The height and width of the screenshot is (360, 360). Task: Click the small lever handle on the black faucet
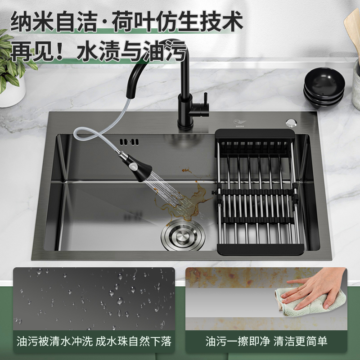click(x=205, y=100)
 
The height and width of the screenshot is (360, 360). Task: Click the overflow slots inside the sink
click(x=129, y=142)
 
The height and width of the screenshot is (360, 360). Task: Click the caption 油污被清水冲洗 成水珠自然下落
click(x=94, y=341)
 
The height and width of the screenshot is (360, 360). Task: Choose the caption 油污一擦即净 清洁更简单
click(x=266, y=341)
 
